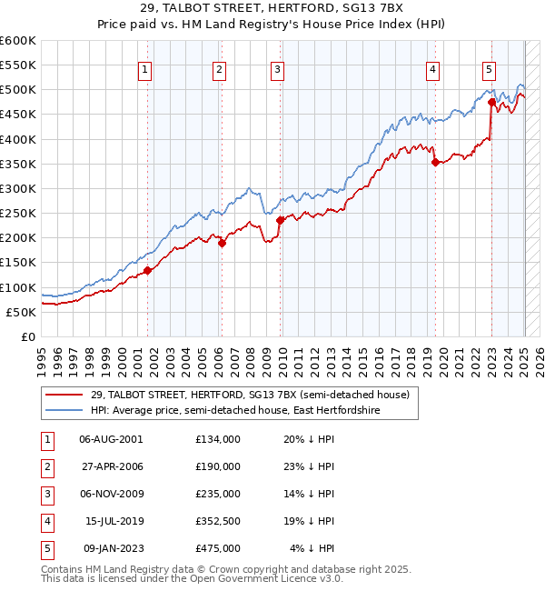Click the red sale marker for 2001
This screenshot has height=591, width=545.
[x=147, y=270]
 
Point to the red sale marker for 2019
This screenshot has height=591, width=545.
[x=435, y=163]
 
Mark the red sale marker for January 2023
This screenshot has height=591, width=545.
[x=491, y=103]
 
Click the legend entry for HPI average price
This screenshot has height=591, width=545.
[x=234, y=411]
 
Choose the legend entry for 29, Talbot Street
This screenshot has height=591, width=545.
[x=250, y=396]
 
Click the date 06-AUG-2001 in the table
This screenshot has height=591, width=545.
[x=111, y=439]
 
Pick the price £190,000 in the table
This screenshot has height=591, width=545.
[x=217, y=466]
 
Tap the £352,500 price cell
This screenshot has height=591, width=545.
[x=217, y=521]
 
